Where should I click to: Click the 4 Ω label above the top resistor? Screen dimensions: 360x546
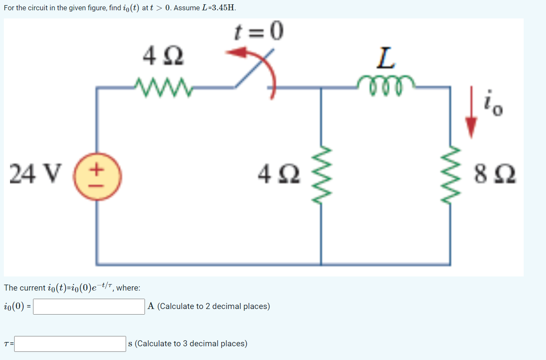coord(163,56)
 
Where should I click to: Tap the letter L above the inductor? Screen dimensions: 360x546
coord(386,58)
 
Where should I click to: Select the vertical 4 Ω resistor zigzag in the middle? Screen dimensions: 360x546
coord(322,173)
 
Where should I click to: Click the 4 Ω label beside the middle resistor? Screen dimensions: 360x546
coord(279,174)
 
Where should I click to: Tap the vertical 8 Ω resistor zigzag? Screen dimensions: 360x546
coord(450,173)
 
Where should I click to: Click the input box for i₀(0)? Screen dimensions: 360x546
coord(89,306)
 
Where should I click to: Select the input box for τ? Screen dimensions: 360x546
coord(70,344)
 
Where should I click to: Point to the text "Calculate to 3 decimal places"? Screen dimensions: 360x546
coord(191,344)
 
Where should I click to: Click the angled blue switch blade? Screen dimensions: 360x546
coord(253,70)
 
